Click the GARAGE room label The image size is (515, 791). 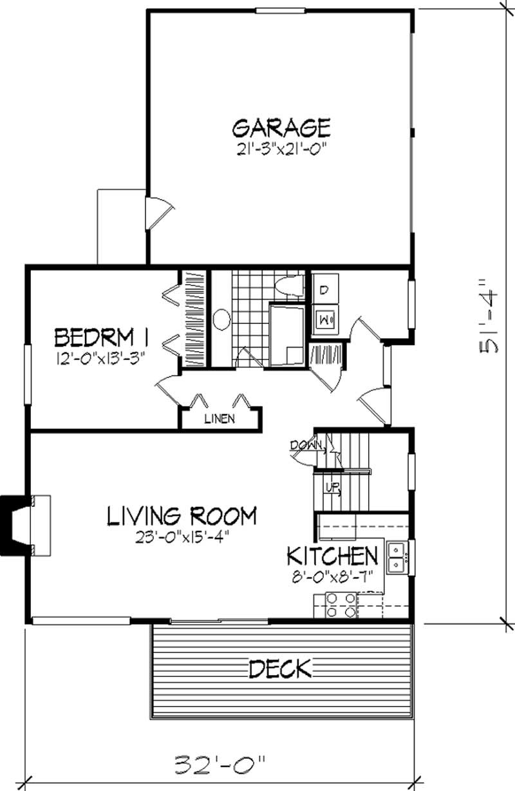point(281,127)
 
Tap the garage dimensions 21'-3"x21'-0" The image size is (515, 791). point(281,149)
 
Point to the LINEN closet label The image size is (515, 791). point(220,419)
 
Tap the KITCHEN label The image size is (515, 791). point(332,555)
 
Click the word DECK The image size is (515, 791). point(280,669)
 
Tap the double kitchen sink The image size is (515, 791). point(396,557)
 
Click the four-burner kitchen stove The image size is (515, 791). point(341,605)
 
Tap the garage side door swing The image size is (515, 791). point(160,213)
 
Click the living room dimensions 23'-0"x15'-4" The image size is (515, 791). point(182,536)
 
